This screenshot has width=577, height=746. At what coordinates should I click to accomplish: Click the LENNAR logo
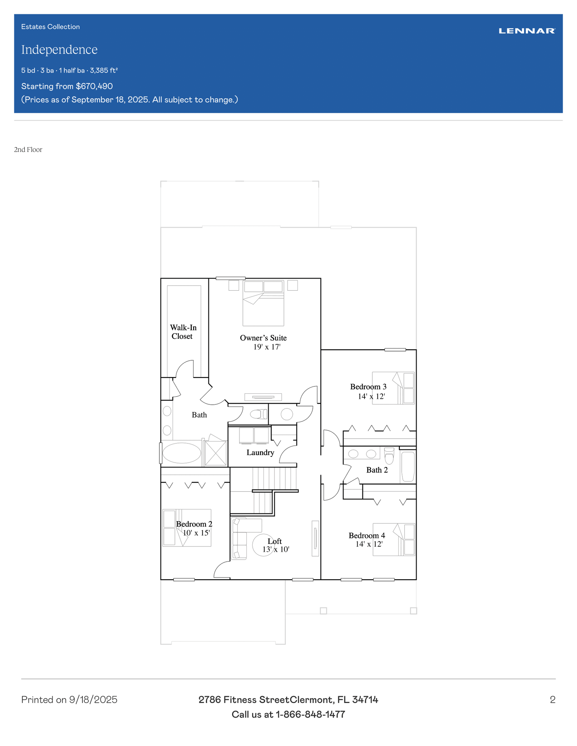pyautogui.click(x=527, y=31)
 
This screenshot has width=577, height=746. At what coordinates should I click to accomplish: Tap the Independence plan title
pyautogui.click(x=59, y=50)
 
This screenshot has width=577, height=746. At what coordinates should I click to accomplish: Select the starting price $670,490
pyautogui.click(x=94, y=86)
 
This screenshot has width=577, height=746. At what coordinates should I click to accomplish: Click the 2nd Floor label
pyautogui.click(x=28, y=150)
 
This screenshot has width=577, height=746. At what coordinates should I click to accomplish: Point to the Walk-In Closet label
pyautogui.click(x=183, y=332)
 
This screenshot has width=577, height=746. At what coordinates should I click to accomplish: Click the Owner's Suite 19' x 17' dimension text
pyautogui.click(x=267, y=347)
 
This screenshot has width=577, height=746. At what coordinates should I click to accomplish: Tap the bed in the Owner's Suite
pyautogui.click(x=263, y=303)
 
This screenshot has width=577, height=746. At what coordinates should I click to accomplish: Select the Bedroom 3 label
pyautogui.click(x=368, y=387)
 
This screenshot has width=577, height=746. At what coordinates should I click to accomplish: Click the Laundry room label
pyautogui.click(x=260, y=452)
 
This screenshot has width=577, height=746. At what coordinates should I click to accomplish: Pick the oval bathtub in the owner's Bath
pyautogui.click(x=182, y=453)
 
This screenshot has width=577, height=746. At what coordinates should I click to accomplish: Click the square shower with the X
pyautogui.click(x=216, y=453)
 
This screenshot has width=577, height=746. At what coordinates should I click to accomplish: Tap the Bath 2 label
pyautogui.click(x=377, y=470)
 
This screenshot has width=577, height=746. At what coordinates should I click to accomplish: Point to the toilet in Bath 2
pyautogui.click(x=389, y=456)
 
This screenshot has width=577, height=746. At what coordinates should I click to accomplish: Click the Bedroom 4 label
pyautogui.click(x=367, y=535)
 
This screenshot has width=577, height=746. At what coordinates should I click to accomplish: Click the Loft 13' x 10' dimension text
pyautogui.click(x=276, y=549)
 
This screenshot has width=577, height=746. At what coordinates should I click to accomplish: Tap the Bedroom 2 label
pyautogui.click(x=194, y=524)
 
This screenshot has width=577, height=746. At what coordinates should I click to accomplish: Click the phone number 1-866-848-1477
pyautogui.click(x=310, y=714)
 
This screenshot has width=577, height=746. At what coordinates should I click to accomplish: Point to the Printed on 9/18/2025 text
pyautogui.click(x=69, y=700)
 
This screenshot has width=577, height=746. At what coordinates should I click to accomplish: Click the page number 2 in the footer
pyautogui.click(x=553, y=700)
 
